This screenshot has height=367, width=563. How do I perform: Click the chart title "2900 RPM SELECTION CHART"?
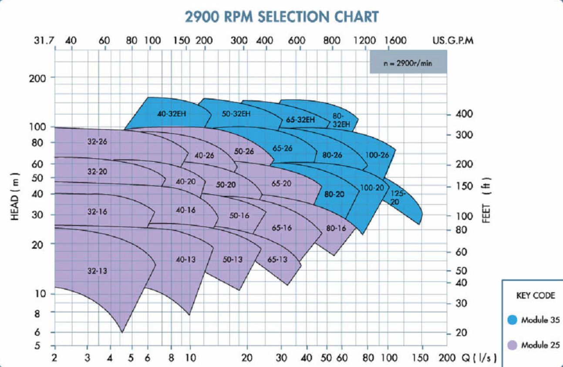click(x=282, y=17)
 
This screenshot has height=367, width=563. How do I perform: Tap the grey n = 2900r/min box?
click(x=408, y=62)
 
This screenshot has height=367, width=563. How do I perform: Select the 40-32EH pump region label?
click(x=172, y=114)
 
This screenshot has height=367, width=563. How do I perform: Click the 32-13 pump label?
click(x=97, y=271)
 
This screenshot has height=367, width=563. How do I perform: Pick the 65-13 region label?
click(x=277, y=260)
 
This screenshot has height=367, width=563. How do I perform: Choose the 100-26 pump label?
click(x=377, y=155)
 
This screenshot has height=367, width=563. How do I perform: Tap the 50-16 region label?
click(x=239, y=215)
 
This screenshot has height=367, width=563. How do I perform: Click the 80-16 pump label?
click(x=336, y=228)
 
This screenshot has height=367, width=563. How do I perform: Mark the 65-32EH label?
click(x=300, y=120)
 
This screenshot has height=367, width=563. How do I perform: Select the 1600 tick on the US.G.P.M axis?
click(x=395, y=40)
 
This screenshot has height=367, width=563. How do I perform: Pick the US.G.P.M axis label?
click(x=453, y=40)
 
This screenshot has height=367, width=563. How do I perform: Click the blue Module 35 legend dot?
click(x=513, y=320)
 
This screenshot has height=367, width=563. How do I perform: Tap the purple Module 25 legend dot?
click(x=513, y=345)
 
